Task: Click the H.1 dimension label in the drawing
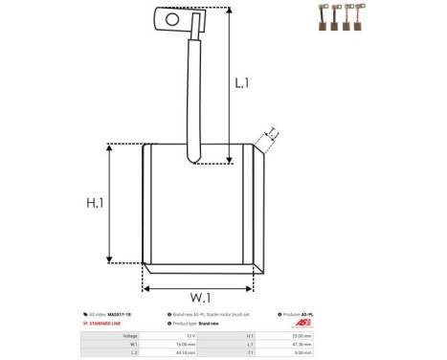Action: click(95, 203)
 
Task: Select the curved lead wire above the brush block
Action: click(195, 96)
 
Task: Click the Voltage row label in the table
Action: click(131, 336)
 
